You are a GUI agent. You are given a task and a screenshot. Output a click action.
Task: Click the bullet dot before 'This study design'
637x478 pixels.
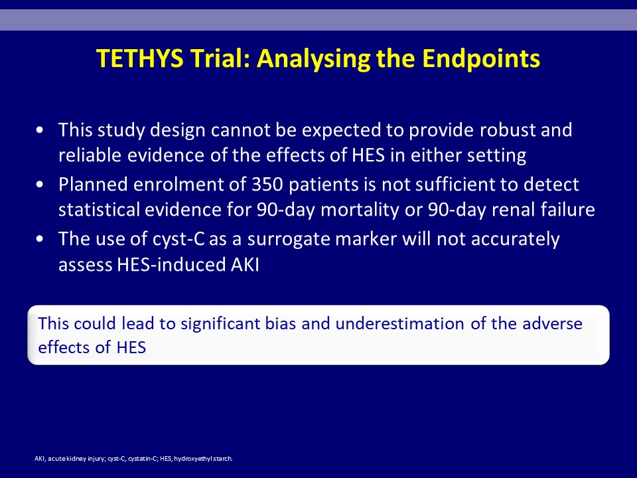click(39, 131)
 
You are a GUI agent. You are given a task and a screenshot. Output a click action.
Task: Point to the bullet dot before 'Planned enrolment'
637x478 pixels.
click(39, 185)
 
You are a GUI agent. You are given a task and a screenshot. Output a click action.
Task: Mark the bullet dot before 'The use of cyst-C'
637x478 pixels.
click(39, 239)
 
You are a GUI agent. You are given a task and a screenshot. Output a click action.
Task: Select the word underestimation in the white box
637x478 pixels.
click(399, 324)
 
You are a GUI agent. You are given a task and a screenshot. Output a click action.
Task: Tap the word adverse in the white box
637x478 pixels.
click(552, 324)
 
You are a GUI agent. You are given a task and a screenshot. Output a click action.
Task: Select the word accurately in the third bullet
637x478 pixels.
click(515, 240)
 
